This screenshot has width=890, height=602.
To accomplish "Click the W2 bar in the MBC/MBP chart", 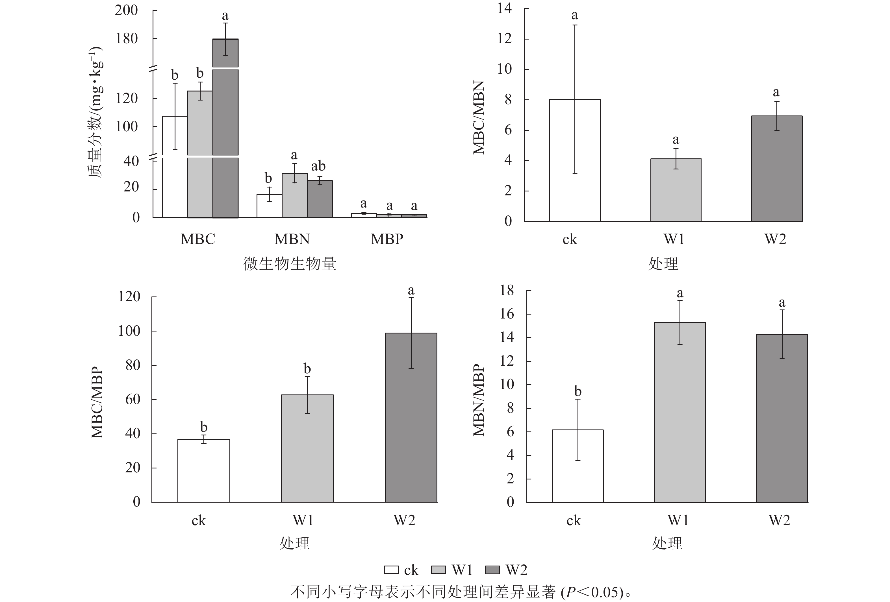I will [411, 417].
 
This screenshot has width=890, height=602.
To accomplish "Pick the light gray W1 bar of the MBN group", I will [294, 195].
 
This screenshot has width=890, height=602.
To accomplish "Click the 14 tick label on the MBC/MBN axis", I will [504, 8].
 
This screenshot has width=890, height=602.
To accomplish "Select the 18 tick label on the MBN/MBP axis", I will [507, 291].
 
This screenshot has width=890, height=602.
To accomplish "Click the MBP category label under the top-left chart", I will [387, 239].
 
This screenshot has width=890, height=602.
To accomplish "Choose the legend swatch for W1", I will [439, 570].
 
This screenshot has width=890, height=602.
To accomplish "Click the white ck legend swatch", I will [391, 570].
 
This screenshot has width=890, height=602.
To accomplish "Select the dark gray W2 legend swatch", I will [492, 570].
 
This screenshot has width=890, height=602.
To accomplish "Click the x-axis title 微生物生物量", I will [290, 264].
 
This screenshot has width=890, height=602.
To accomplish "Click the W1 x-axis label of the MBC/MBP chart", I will [303, 520].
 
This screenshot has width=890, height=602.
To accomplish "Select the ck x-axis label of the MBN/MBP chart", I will [574, 520].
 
